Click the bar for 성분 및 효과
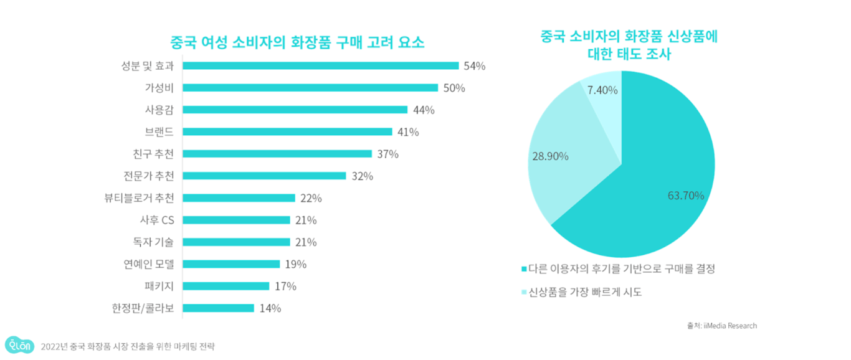320,65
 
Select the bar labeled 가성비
310,88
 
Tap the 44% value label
424,110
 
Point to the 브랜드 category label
159,132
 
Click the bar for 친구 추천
277,154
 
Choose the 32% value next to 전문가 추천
362,176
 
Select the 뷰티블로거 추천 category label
140,198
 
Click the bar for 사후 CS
236,220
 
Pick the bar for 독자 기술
236,242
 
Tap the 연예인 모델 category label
149,264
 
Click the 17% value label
285,287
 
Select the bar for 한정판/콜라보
218,308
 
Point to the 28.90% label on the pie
549,156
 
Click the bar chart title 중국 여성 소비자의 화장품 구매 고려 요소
298,43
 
